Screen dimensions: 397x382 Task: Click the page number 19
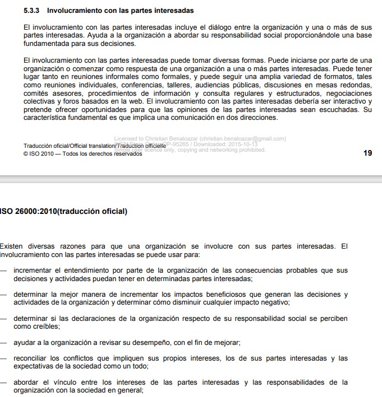[x=368, y=153]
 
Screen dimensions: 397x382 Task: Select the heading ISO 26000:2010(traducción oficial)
[x=64, y=212]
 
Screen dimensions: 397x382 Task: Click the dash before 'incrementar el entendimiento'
[x=4, y=270]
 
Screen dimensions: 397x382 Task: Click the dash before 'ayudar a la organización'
[x=4, y=342]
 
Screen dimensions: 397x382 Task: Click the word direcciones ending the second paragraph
[x=256, y=118]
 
